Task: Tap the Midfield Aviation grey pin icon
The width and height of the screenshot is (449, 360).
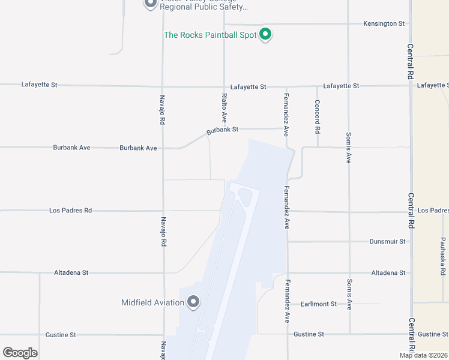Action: pyautogui.click(x=193, y=302)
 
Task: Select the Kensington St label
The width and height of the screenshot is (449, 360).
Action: pyautogui.click(x=384, y=23)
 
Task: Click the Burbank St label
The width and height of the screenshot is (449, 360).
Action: pyautogui.click(x=223, y=129)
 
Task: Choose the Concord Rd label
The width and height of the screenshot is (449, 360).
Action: pyautogui.click(x=317, y=115)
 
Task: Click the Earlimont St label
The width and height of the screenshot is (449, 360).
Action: pyautogui.click(x=319, y=304)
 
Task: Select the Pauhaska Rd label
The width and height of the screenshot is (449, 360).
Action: pyautogui.click(x=442, y=252)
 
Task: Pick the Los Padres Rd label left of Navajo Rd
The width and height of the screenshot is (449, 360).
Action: pyautogui.click(x=71, y=211)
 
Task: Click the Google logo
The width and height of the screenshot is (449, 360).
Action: pyautogui.click(x=20, y=353)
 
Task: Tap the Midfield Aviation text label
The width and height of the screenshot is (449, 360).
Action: pyautogui.click(x=152, y=302)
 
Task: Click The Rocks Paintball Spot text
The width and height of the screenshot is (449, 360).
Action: pyautogui.click(x=210, y=35)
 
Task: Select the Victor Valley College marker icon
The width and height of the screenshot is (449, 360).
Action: pyautogui.click(x=149, y=4)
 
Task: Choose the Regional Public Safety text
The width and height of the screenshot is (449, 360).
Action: pyautogui.click(x=203, y=7)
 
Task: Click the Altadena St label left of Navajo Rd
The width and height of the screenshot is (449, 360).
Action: pyautogui.click(x=71, y=272)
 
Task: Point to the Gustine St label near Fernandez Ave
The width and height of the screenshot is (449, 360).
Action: pyautogui.click(x=309, y=334)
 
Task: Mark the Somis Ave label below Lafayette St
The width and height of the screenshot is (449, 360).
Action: pyautogui.click(x=348, y=148)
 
